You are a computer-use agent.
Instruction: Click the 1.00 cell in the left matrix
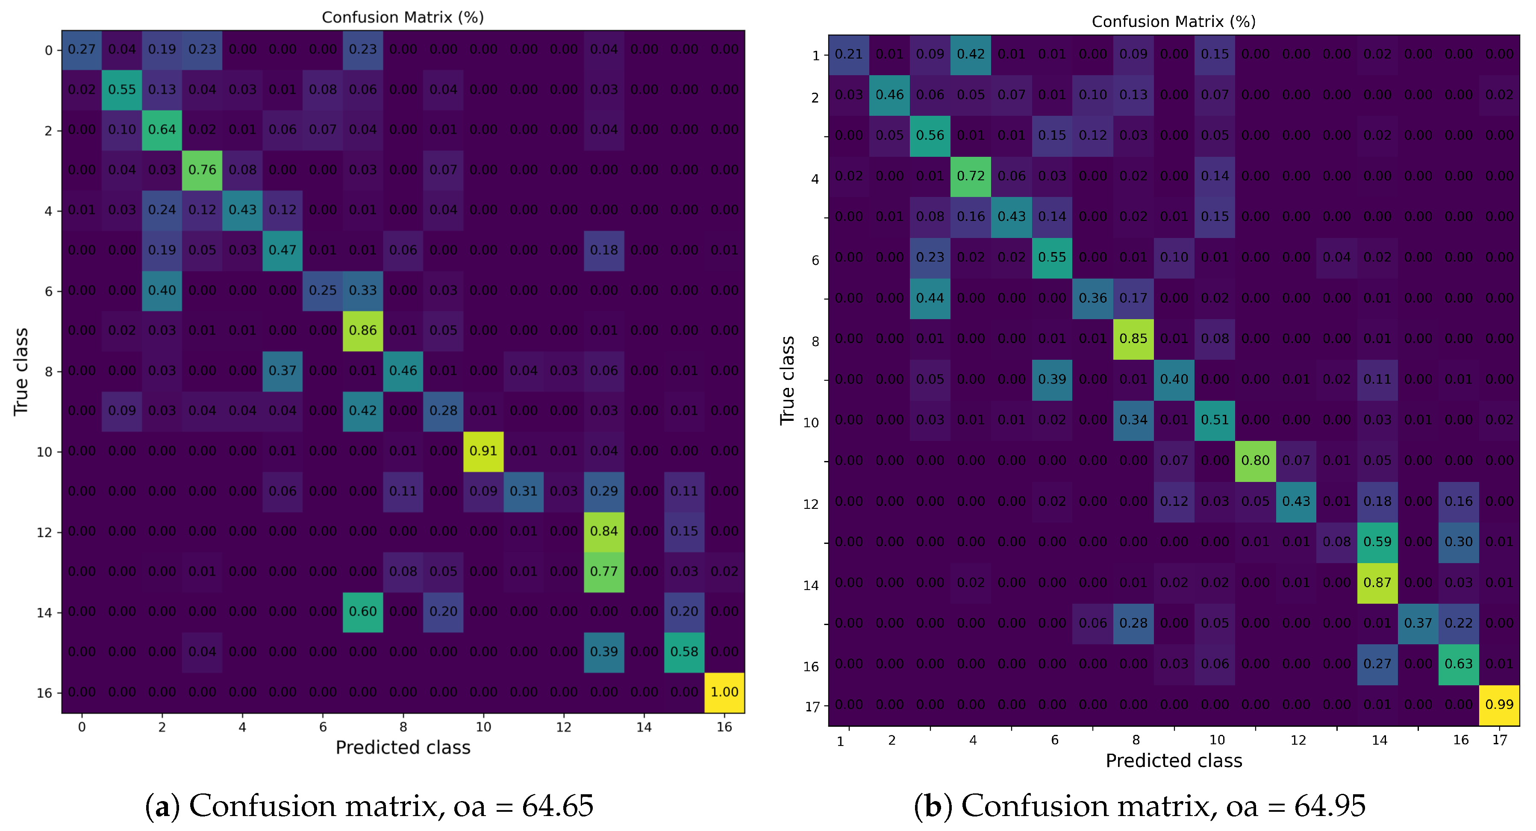tap(724, 692)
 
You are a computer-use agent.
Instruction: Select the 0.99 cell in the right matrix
tap(1499, 705)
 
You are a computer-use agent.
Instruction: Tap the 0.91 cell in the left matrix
tap(483, 451)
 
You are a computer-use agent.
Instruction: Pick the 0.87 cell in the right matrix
tap(1377, 582)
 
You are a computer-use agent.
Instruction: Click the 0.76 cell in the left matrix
tap(202, 170)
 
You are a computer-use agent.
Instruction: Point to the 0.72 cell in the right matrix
tap(971, 176)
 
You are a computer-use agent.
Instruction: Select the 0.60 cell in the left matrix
tap(362, 612)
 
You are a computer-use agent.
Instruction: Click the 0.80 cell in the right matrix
tap(1255, 460)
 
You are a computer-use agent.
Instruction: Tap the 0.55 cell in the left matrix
tap(122, 89)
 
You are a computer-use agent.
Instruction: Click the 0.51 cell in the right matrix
tap(1215, 420)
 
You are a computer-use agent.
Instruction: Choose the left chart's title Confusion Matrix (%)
tap(403, 17)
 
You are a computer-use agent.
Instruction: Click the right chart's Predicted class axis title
tap(1174, 761)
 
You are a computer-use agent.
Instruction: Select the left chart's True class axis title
tap(21, 371)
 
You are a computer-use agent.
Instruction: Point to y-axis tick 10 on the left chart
tap(45, 452)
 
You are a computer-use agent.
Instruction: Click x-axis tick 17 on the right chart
tap(1499, 740)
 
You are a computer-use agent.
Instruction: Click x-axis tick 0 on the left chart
tap(82, 727)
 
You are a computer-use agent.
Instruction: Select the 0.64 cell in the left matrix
tap(162, 129)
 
